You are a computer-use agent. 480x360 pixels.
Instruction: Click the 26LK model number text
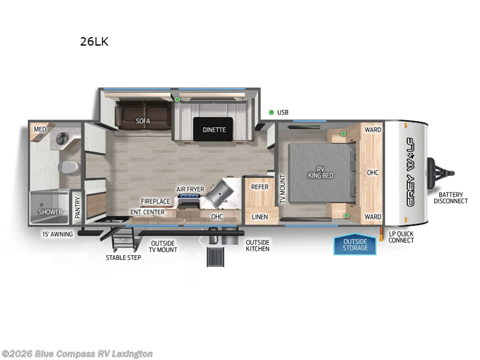pyautogui.click(x=94, y=42)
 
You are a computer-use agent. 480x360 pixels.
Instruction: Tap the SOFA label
pyautogui.click(x=143, y=121)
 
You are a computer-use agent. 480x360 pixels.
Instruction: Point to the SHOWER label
pyautogui.click(x=50, y=212)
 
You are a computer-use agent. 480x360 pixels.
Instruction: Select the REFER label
pyautogui.click(x=260, y=187)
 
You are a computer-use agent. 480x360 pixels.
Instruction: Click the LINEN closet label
pyautogui.click(x=260, y=217)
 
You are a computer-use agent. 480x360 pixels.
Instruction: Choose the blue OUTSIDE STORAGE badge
pyautogui.click(x=355, y=245)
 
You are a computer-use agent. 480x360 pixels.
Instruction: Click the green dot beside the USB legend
pyautogui.click(x=271, y=112)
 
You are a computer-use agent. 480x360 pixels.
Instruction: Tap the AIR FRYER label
pyautogui.click(x=190, y=190)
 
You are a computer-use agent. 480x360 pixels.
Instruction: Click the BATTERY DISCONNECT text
pyautogui.click(x=452, y=197)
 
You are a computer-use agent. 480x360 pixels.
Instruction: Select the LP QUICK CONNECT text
pyautogui.click(x=401, y=237)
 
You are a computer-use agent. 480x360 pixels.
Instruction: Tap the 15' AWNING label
pyautogui.click(x=58, y=234)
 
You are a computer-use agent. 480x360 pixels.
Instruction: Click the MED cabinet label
pyautogui.click(x=40, y=129)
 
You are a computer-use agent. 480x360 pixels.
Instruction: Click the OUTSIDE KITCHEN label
pyautogui.click(x=257, y=245)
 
